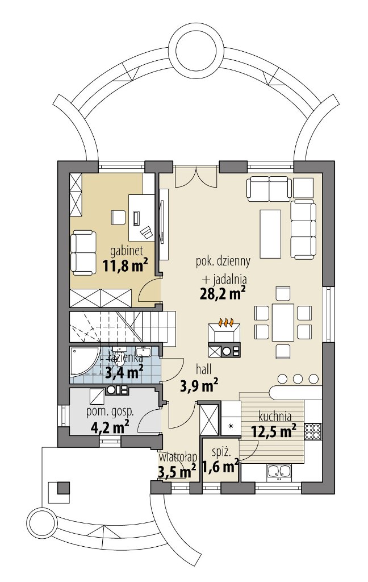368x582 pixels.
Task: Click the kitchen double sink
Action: click(279, 471)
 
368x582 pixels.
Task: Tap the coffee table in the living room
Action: click(270, 234)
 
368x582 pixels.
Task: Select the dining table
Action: click(283, 322)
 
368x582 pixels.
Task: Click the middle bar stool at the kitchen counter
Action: click(298, 379)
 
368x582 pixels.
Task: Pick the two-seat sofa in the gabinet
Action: click(83, 253)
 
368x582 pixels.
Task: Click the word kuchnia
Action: click(275, 417)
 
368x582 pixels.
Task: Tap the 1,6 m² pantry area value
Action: click(220, 467)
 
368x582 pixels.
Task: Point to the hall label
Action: click(204, 369)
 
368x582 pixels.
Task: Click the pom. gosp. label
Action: click(110, 411)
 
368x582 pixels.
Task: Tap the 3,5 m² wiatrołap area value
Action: click(177, 472)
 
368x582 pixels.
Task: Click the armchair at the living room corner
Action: click(303, 188)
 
